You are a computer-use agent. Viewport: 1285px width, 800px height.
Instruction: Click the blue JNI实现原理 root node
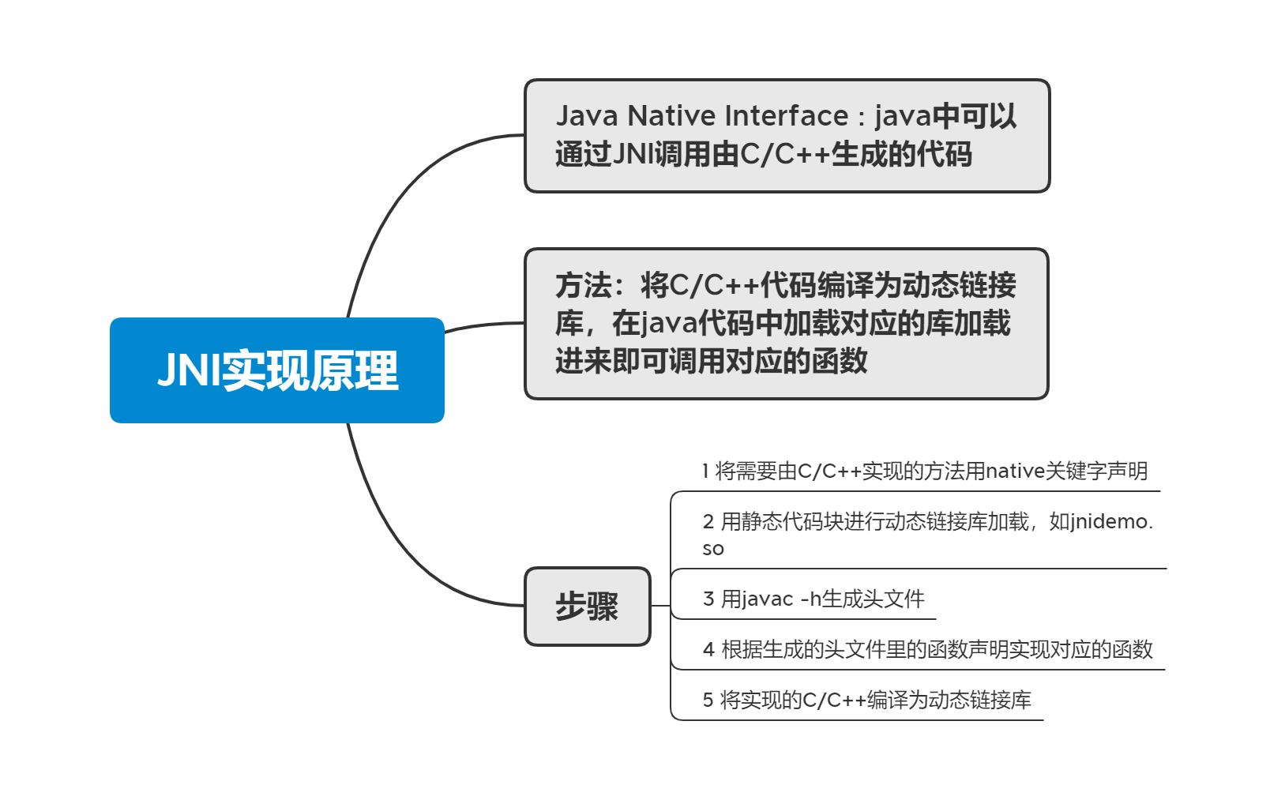click(276, 370)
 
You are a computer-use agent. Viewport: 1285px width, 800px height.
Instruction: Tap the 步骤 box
click(587, 607)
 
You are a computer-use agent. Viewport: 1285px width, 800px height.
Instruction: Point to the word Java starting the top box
click(587, 116)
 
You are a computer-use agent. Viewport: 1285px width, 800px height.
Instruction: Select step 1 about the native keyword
click(924, 471)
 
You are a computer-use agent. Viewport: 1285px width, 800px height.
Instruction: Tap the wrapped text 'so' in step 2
click(712, 549)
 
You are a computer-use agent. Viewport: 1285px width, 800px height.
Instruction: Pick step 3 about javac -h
click(813, 599)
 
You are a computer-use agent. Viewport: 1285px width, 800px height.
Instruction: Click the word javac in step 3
click(767, 599)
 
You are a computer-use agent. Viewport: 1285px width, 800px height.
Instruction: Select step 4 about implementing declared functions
click(927, 650)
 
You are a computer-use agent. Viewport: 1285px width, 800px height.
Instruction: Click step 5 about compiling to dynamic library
click(866, 700)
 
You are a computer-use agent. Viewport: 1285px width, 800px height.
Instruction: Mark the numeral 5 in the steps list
click(708, 700)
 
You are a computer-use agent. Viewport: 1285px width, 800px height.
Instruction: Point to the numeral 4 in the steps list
click(708, 650)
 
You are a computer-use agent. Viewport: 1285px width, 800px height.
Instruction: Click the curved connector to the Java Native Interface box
click(411, 182)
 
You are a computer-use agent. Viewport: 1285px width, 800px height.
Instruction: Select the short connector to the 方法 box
click(483, 325)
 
